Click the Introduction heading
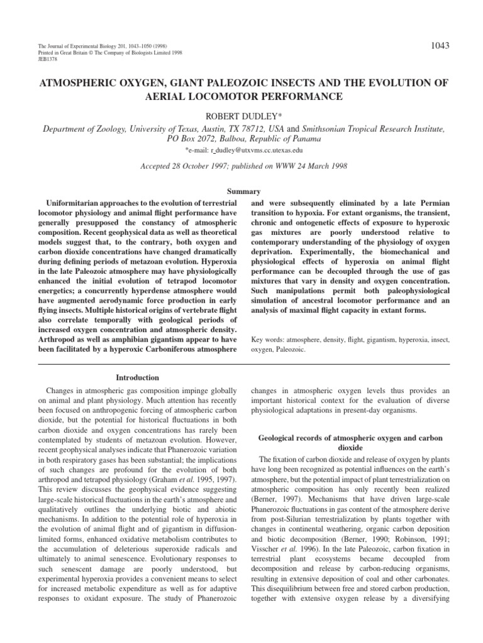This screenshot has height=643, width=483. pos(137,377)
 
